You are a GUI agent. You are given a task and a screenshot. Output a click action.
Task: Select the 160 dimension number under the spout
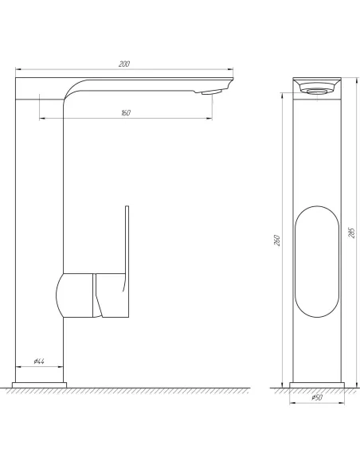[125, 112]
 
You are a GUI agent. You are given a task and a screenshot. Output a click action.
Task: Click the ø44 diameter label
[37, 362]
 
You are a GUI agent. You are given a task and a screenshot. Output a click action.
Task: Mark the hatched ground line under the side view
[127, 390]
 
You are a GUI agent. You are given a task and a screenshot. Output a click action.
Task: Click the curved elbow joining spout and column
[72, 89]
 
